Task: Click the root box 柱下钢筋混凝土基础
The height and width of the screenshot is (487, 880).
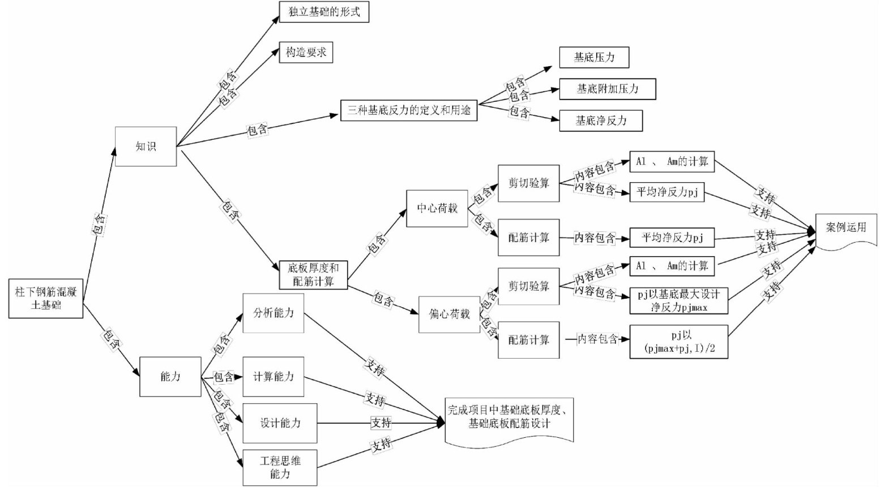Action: click(46, 298)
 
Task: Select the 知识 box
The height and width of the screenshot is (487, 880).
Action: click(146, 146)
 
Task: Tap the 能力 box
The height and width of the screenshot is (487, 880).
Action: click(170, 376)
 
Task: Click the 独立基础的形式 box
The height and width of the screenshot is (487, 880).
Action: click(324, 12)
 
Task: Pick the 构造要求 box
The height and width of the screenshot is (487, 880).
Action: click(306, 53)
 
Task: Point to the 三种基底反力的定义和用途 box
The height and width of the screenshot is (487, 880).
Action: click(408, 110)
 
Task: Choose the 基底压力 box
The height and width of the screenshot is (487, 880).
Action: click(594, 57)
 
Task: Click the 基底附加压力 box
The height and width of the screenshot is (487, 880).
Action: click(607, 89)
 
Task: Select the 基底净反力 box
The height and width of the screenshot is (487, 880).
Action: click(601, 120)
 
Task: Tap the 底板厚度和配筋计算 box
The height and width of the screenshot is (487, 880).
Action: click(313, 274)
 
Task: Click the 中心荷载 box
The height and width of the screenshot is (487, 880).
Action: click(437, 208)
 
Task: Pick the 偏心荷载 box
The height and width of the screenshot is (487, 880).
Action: click(449, 314)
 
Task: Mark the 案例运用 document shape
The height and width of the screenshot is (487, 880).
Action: click(846, 229)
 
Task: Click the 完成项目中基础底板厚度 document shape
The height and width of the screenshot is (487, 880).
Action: click(509, 419)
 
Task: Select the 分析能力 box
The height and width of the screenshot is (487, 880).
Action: click(273, 313)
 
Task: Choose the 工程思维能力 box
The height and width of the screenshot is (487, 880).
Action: click(280, 467)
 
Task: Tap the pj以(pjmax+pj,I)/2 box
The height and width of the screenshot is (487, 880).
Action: click(678, 341)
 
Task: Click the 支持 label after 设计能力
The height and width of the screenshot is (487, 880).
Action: click(381, 423)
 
